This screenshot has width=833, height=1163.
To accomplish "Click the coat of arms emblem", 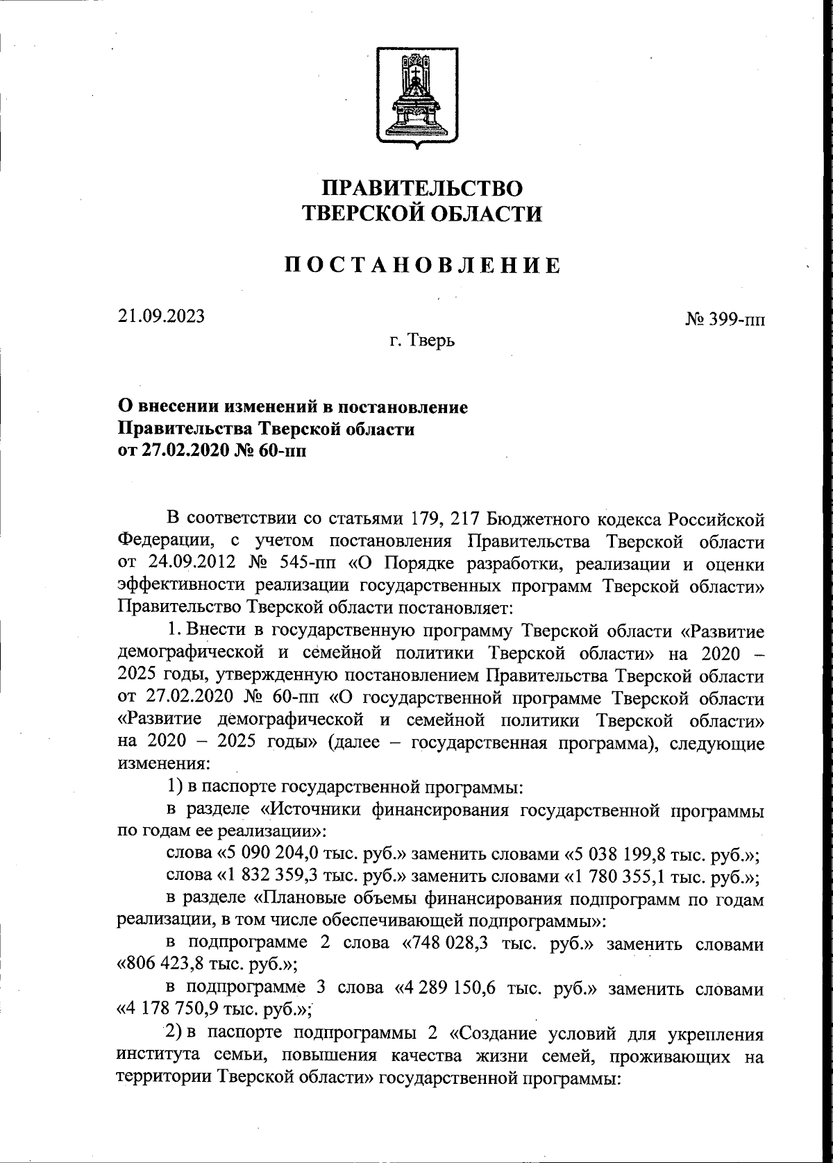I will [x=416, y=97].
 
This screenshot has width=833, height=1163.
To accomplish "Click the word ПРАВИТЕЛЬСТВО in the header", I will [x=424, y=187].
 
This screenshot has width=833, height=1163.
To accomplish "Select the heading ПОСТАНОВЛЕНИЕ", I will [x=424, y=266].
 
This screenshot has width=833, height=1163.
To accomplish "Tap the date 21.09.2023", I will [x=161, y=316].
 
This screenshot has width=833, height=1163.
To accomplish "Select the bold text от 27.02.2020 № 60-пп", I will [x=212, y=451].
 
